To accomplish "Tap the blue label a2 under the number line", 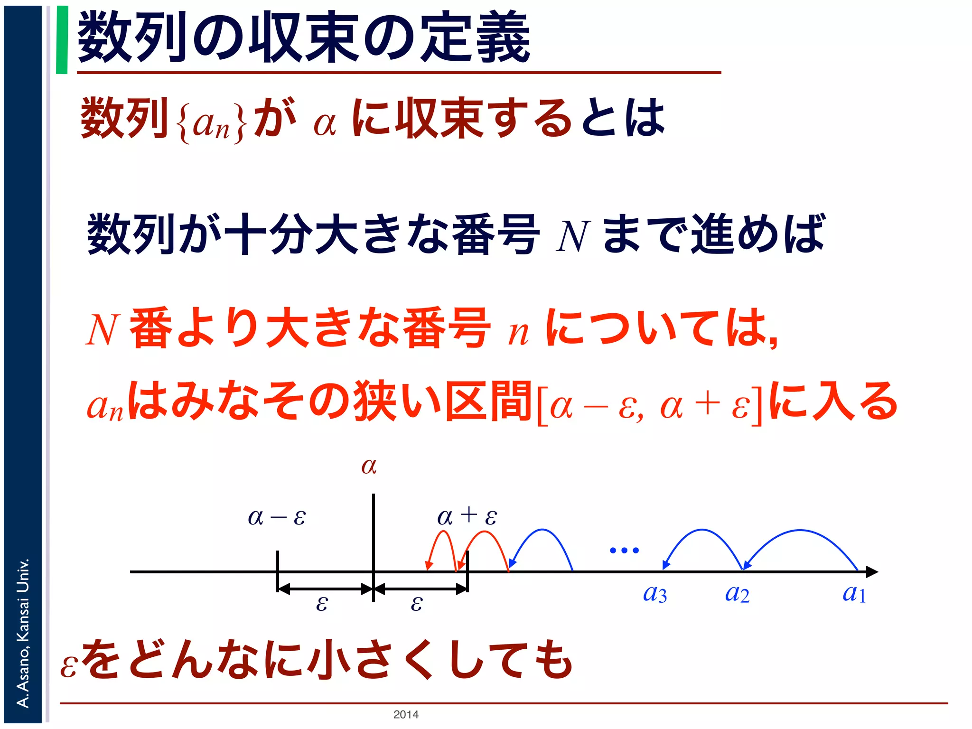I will (x=737, y=594).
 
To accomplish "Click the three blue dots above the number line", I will (x=624, y=551).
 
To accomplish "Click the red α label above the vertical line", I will (x=369, y=466).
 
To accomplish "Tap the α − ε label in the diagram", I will (x=277, y=517).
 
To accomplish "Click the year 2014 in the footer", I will (x=406, y=714).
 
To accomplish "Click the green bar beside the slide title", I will (x=62, y=40).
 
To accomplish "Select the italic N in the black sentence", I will (x=572, y=236).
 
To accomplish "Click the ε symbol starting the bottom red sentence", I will (x=69, y=665).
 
